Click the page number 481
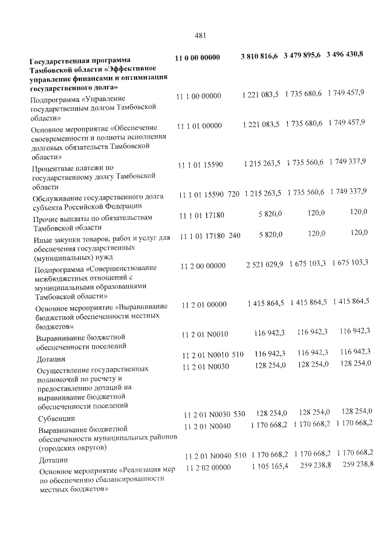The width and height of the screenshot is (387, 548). point(201,35)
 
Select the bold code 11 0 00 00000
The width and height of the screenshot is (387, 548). point(197,58)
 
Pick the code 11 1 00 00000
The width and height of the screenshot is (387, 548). point(199,96)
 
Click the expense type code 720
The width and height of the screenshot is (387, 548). point(233,194)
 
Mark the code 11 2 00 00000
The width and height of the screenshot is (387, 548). point(203,266)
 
